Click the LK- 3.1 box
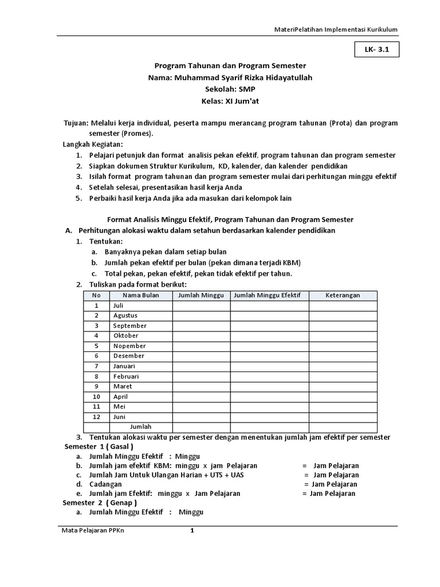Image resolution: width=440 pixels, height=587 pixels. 377,50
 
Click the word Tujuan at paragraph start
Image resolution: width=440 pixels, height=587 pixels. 75,123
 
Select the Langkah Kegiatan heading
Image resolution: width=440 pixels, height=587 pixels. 93,144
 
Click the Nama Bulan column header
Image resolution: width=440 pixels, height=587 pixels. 141,295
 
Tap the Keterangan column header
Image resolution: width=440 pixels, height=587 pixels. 343,295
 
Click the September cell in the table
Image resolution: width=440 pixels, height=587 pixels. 130,326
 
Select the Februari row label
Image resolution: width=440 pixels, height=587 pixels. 126,377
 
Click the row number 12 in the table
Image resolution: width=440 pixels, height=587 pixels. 97,417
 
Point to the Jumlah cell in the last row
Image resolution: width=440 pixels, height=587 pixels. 141,427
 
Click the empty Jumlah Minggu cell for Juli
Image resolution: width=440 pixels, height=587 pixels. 202,306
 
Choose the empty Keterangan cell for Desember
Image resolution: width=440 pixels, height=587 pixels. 343,356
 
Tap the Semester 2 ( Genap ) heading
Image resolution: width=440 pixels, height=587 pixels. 100,503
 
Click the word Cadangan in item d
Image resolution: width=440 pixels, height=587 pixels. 105,484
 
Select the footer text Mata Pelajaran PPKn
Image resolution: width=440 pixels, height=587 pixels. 93,531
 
